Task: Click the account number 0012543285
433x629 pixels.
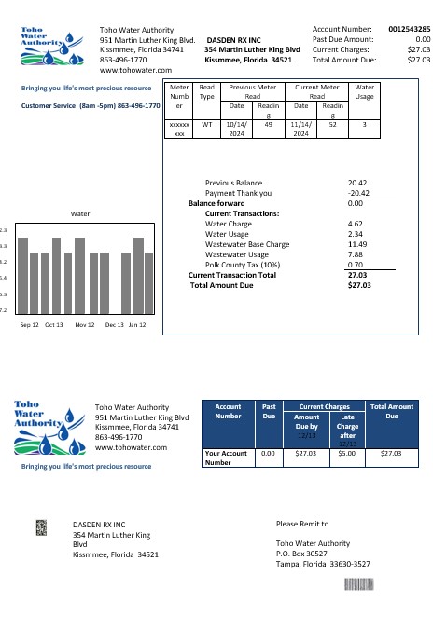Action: click(410, 30)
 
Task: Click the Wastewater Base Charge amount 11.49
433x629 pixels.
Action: click(355, 244)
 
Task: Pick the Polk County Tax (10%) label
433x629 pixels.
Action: click(239, 265)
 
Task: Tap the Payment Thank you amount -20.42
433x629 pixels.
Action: click(354, 193)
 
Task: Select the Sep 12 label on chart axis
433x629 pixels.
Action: click(30, 325)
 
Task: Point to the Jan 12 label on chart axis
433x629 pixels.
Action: click(137, 325)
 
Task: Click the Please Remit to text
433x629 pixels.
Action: click(303, 524)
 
